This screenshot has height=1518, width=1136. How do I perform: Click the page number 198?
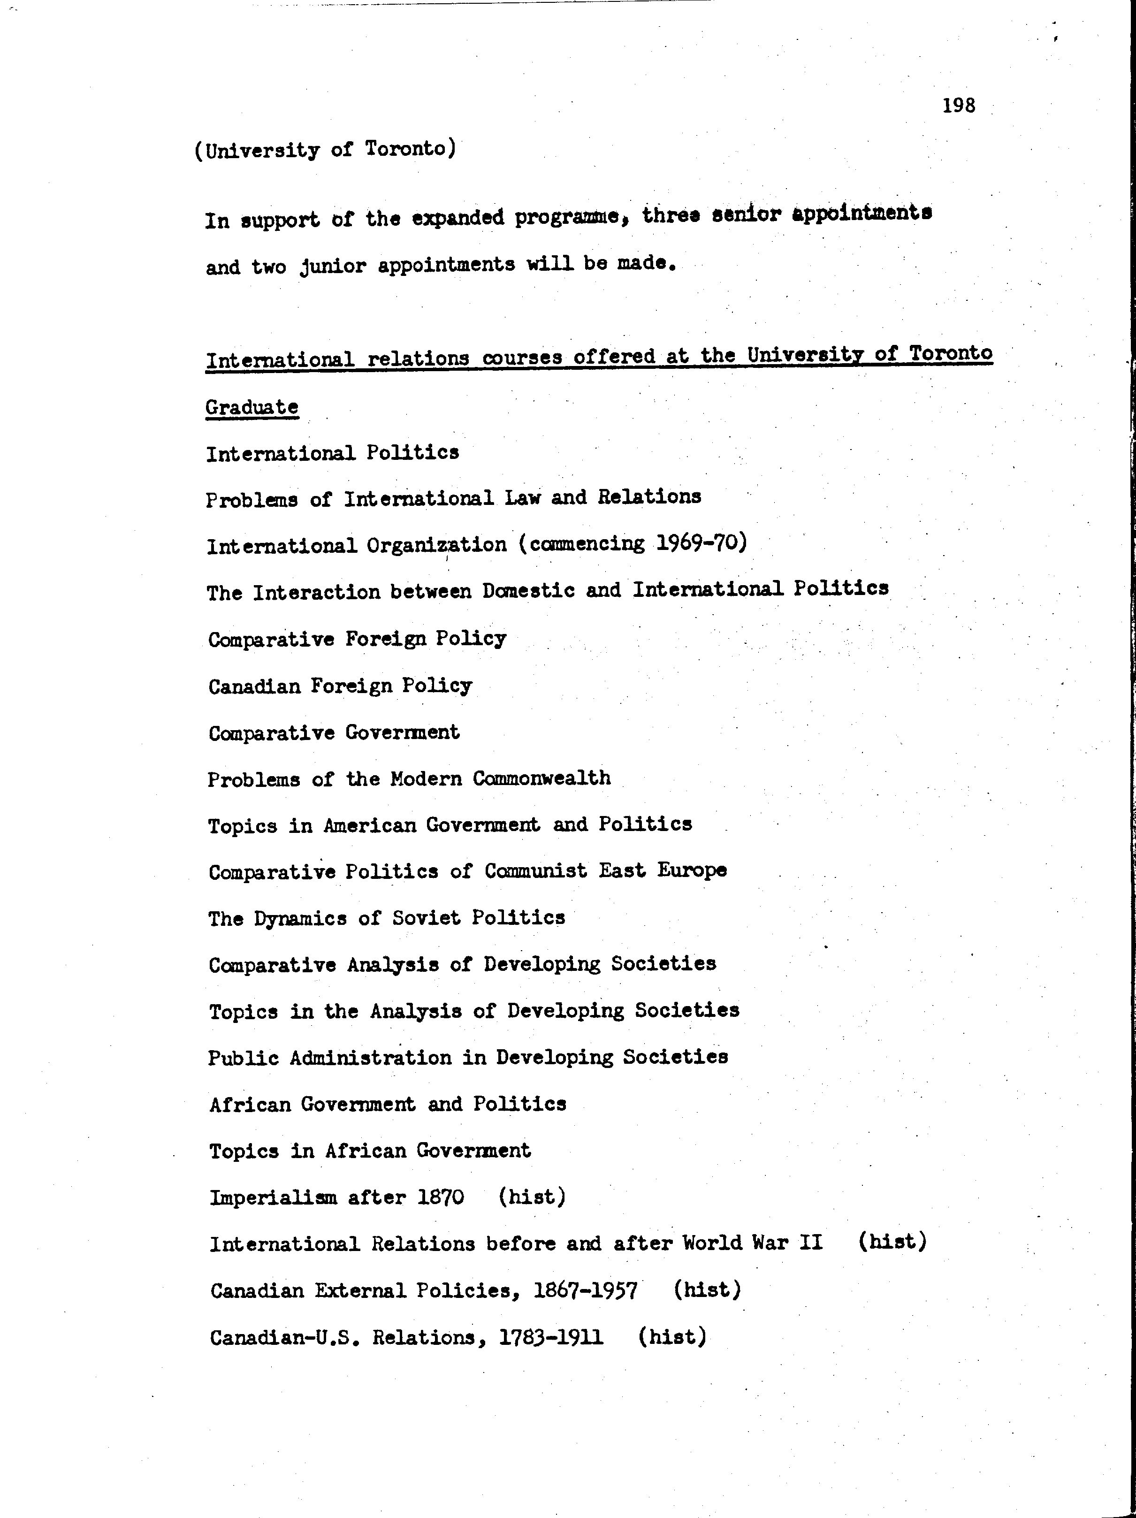pos(958,106)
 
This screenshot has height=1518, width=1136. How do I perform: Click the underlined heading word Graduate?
pos(252,407)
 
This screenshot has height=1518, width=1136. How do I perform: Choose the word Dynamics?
pos(300,919)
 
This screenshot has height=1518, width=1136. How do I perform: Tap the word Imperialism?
pos(273,1198)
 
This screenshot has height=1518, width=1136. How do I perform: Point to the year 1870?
pos(441,1198)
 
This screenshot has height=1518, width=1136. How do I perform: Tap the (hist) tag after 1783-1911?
pos(672,1337)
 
